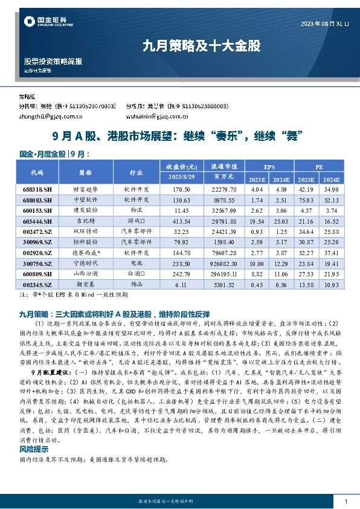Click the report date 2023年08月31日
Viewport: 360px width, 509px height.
click(x=324, y=24)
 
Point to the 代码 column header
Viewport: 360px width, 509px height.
click(x=37, y=172)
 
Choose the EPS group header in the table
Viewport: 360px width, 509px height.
click(x=268, y=166)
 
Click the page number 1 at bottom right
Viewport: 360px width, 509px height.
click(x=345, y=502)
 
